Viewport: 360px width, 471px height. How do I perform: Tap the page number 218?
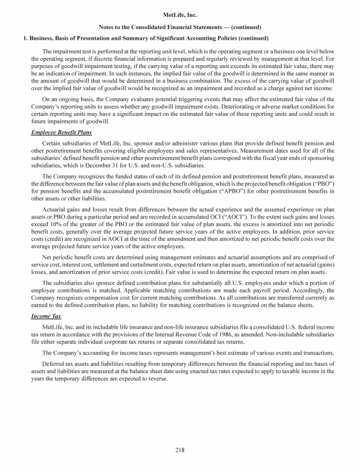180,450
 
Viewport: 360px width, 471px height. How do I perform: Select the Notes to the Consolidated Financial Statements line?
180,27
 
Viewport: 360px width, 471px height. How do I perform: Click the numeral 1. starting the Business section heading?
26,38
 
